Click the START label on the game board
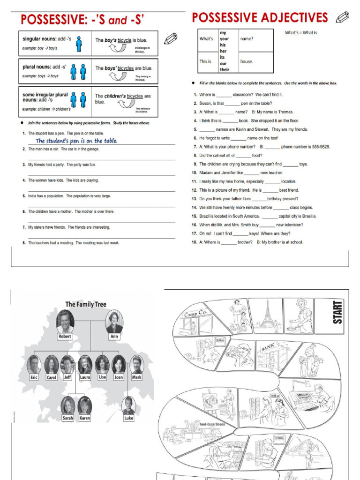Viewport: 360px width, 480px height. click(337, 312)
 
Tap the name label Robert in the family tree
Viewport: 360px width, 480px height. click(65, 336)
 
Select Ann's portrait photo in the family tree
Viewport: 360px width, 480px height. click(114, 321)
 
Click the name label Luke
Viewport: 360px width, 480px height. click(128, 417)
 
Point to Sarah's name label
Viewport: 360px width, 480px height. click(68, 417)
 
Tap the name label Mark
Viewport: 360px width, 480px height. click(136, 377)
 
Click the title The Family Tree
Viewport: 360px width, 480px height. click(86, 304)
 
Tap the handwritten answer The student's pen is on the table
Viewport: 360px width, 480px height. click(76, 141)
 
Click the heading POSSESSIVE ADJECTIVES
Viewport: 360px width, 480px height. click(260, 18)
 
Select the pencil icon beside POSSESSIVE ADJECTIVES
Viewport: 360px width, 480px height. click(343, 18)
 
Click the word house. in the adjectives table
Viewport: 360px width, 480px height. click(247, 61)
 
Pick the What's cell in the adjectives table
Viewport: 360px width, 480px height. click(206, 39)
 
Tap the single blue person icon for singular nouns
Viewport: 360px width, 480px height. click(79, 44)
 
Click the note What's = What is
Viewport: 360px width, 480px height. click(301, 33)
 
